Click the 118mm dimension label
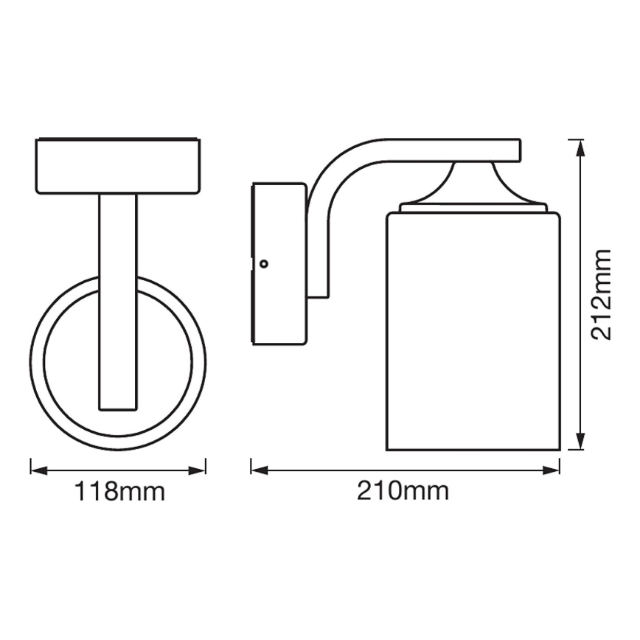click(x=118, y=492)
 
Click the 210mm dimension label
click(x=403, y=491)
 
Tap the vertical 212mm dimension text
click(x=602, y=293)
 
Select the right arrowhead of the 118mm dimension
click(x=201, y=469)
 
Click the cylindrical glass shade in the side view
click(x=473, y=332)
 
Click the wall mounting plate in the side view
click(x=279, y=263)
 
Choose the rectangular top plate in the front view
click(x=118, y=165)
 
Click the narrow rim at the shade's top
click(x=473, y=209)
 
